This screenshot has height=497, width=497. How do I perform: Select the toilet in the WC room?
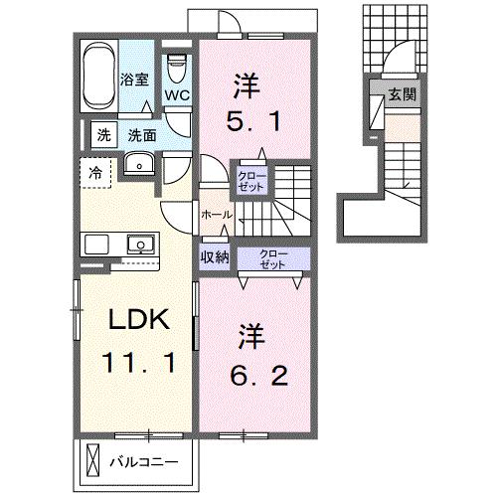[177, 69]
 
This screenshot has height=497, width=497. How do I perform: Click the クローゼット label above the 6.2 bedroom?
[272, 258]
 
